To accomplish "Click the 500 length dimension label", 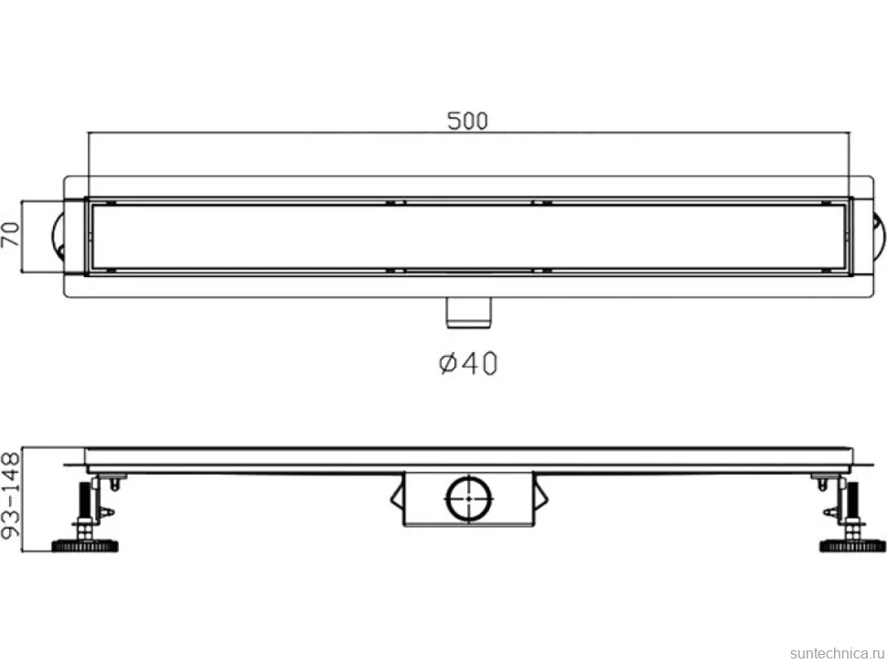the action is (x=467, y=121).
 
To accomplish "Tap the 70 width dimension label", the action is (x=10, y=234).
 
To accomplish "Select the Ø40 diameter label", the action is (x=468, y=363).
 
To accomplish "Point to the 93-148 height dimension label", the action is (x=11, y=495).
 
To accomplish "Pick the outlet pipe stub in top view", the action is (x=469, y=313).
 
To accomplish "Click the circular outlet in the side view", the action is (x=469, y=498).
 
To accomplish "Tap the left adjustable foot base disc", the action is (x=85, y=546).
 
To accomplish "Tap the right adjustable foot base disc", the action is (x=852, y=546).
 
